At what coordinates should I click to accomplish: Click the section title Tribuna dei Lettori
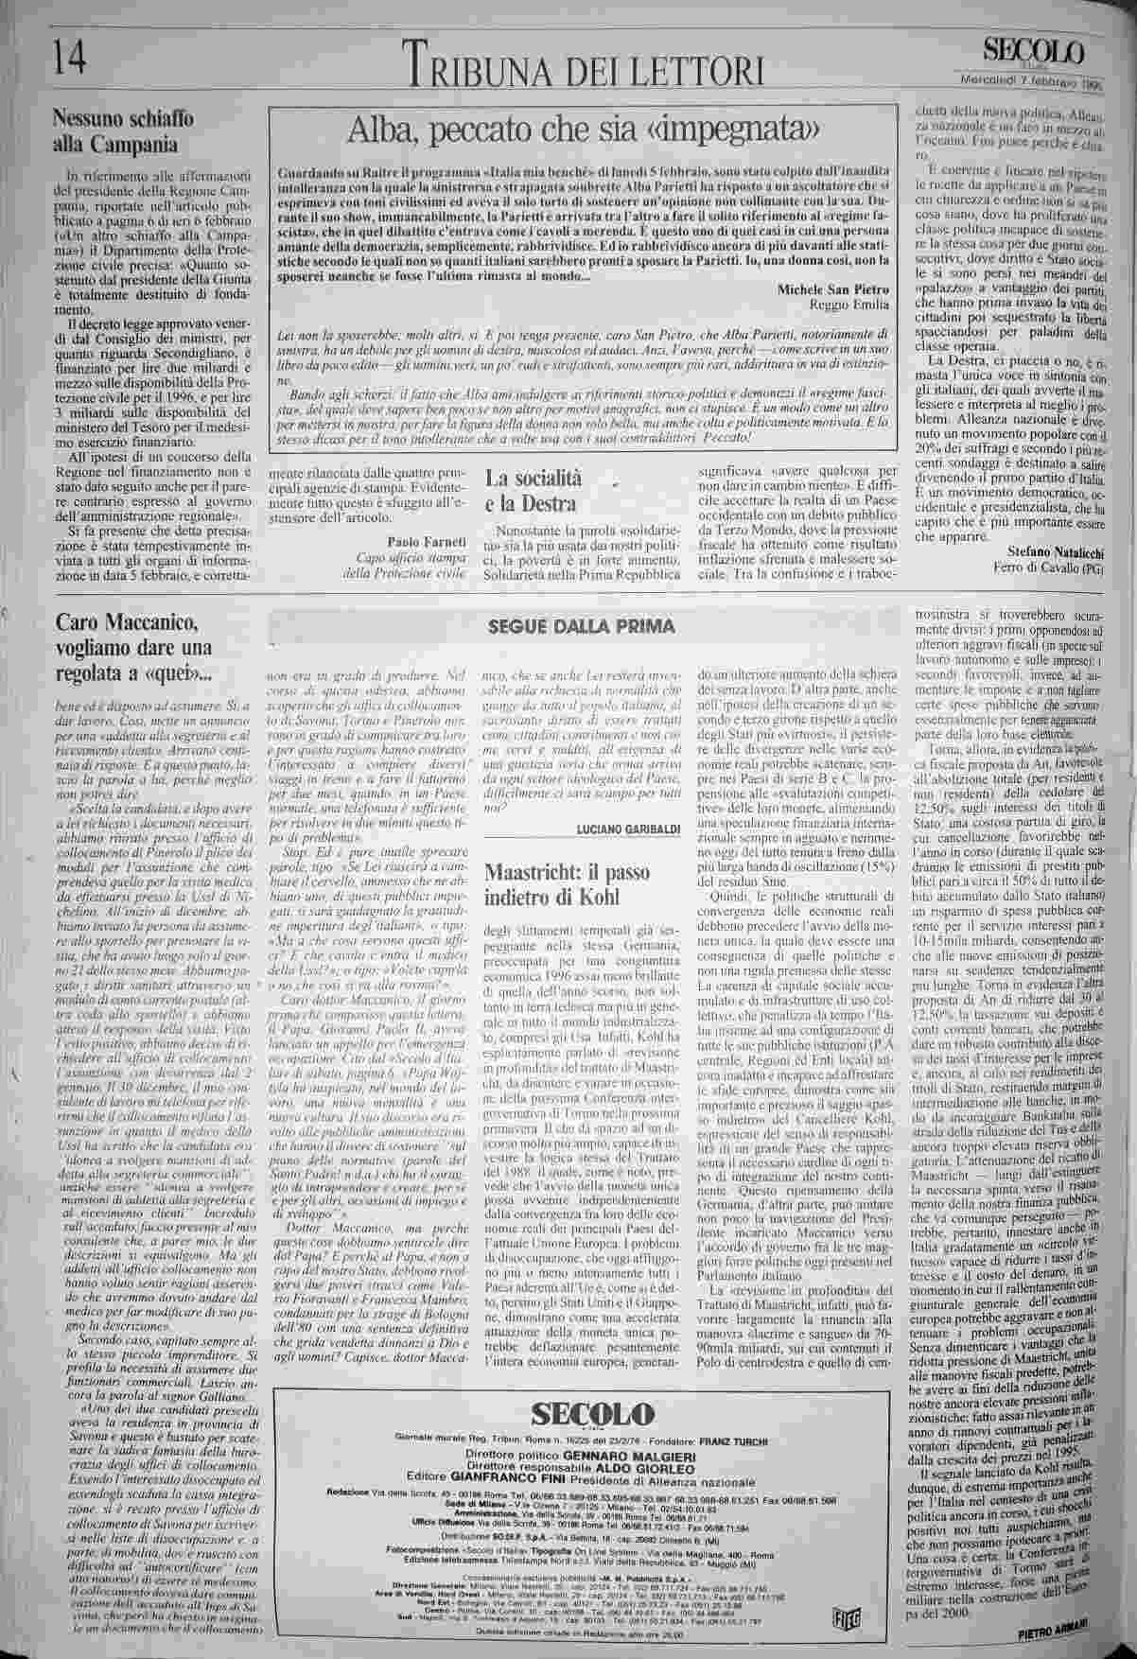tap(586, 65)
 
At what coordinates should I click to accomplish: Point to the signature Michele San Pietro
tap(832, 288)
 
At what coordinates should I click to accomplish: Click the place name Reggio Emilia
tap(850, 305)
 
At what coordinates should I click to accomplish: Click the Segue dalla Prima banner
tap(581, 626)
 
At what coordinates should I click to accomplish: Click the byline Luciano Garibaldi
tap(627, 829)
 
